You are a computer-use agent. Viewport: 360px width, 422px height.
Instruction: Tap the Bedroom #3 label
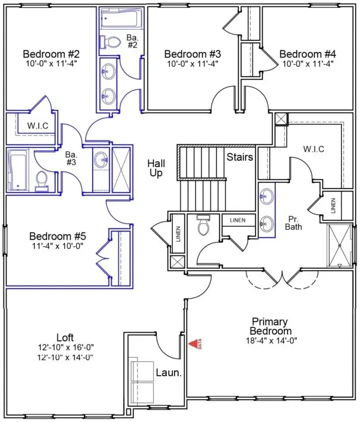pyautogui.click(x=193, y=54)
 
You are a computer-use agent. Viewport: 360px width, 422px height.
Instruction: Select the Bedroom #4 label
pyautogui.click(x=307, y=54)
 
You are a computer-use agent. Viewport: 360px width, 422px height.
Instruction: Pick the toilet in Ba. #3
pyautogui.click(x=41, y=180)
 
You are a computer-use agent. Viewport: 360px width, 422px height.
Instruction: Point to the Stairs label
pyautogui.click(x=240, y=157)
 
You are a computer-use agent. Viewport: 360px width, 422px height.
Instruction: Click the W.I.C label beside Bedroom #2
pyautogui.click(x=38, y=125)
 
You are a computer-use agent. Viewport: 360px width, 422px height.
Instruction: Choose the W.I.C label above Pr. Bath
pyautogui.click(x=314, y=149)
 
